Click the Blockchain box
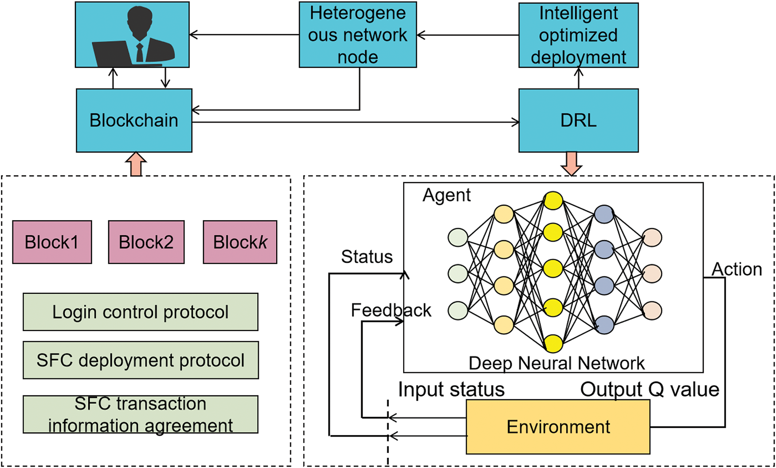(x=134, y=121)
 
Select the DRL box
(x=578, y=121)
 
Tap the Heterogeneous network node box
(x=357, y=35)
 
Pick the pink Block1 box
(x=52, y=242)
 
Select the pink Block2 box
(x=146, y=242)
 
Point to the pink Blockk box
(x=240, y=242)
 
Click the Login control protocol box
(x=140, y=312)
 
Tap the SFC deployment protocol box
(x=140, y=360)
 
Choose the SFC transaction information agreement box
(x=140, y=414)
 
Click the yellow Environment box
(x=558, y=427)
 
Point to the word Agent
(x=447, y=195)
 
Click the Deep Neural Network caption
(x=556, y=363)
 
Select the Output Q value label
(x=650, y=390)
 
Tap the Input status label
(x=451, y=390)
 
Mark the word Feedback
(x=391, y=310)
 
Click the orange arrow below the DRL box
(x=571, y=164)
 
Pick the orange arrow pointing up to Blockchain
(x=136, y=164)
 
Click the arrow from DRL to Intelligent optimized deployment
(x=578, y=78)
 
